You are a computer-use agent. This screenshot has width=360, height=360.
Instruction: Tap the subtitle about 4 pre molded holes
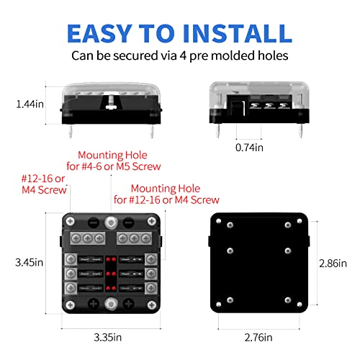point(180,55)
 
